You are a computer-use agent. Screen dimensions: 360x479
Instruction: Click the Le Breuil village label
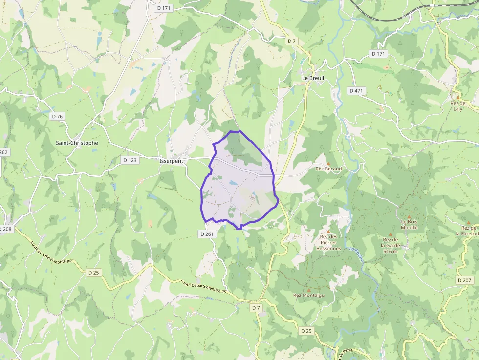[x=313, y=78]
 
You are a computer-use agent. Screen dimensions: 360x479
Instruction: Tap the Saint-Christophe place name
[x=77, y=143]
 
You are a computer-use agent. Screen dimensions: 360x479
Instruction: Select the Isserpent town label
[x=171, y=160]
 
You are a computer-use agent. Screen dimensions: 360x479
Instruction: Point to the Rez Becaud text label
[x=328, y=169]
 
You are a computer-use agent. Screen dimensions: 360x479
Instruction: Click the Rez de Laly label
[x=458, y=106]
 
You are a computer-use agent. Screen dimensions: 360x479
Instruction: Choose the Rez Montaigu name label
[x=308, y=295]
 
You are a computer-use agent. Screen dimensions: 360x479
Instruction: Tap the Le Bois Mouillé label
[x=409, y=225]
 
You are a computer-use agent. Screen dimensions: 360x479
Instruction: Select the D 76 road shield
[x=58, y=116]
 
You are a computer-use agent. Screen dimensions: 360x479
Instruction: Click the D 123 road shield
[x=130, y=160]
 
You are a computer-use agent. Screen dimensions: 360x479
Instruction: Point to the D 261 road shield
[x=207, y=234]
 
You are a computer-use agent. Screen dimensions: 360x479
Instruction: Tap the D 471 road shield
[x=357, y=91]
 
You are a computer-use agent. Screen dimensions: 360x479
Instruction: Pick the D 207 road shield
[x=465, y=280]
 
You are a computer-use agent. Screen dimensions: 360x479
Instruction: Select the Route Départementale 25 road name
[x=204, y=290]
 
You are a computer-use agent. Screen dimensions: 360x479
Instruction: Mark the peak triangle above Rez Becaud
[x=328, y=163]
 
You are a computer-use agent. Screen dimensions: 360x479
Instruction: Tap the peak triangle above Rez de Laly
[x=458, y=97]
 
